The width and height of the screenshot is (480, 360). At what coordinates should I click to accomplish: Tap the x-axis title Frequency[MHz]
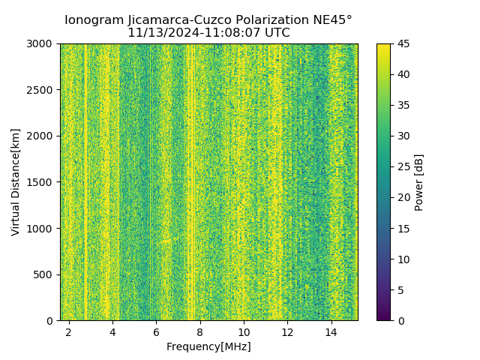tap(208, 346)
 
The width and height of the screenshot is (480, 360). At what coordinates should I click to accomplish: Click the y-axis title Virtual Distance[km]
tap(15, 181)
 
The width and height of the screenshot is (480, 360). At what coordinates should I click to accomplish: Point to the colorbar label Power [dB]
tap(419, 182)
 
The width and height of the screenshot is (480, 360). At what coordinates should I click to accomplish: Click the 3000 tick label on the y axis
tap(41, 43)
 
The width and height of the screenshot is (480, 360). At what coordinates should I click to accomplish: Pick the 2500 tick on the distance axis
tap(41, 90)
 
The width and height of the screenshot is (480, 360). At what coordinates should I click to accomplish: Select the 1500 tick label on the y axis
tap(41, 182)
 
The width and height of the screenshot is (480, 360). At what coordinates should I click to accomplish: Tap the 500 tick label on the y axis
tap(44, 274)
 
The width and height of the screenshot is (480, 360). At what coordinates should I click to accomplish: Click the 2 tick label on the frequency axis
tap(69, 331)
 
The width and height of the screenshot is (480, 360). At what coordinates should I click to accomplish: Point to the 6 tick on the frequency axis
tap(156, 331)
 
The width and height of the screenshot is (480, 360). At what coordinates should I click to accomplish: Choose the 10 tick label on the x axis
tap(244, 331)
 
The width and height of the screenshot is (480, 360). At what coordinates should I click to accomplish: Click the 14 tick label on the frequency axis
tap(331, 331)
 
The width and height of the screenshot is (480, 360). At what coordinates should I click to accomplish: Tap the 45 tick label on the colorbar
tap(403, 43)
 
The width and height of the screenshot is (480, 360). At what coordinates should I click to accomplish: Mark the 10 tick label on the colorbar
tap(403, 259)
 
